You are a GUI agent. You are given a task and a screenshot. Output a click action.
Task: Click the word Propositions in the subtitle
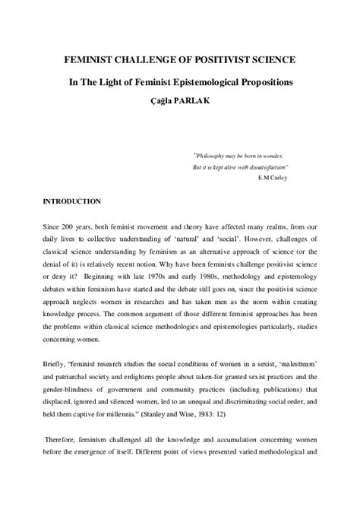pyautogui.click(x=273, y=80)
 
